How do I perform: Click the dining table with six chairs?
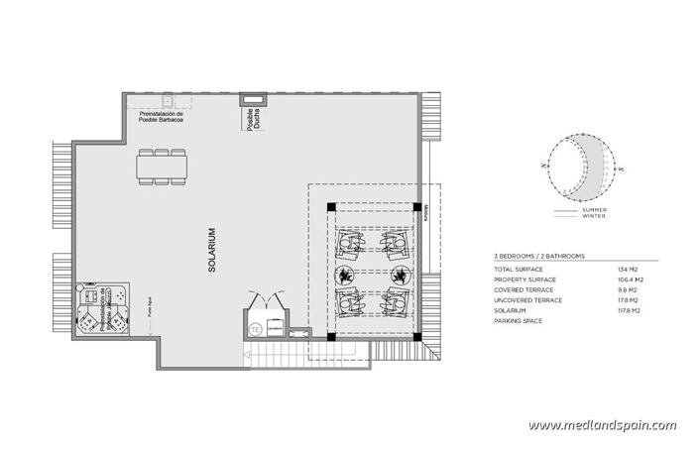point(161,168)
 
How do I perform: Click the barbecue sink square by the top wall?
point(169,99)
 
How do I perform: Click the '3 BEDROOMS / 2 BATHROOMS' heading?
point(539,256)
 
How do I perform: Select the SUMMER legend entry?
point(595,210)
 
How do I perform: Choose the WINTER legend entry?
point(595,217)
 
